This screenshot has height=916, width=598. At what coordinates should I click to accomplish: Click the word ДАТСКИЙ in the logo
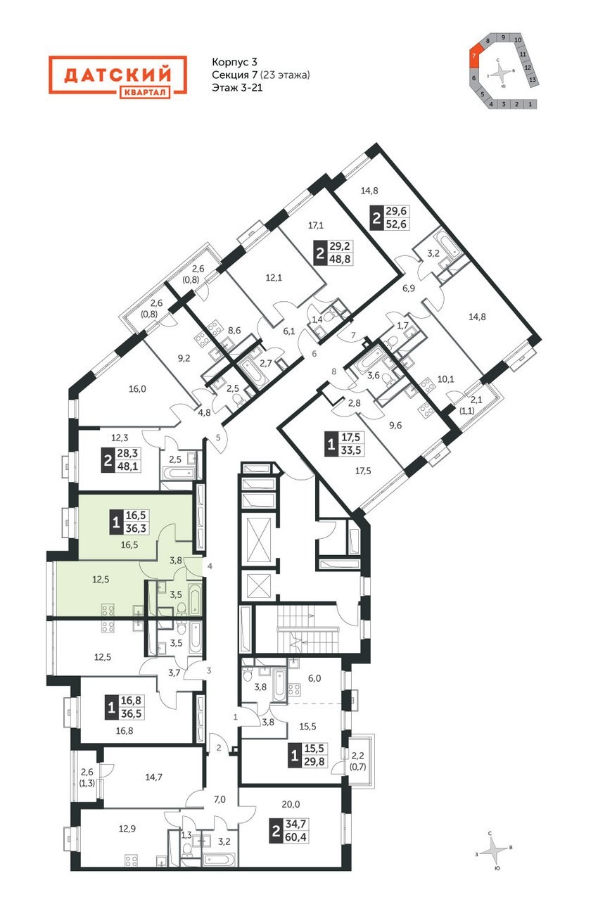coord(117,75)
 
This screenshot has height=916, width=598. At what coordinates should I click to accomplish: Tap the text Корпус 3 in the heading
coord(234,62)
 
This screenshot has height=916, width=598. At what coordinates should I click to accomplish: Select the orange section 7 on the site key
coord(474,55)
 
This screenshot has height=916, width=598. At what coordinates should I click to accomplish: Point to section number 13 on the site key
coord(532,79)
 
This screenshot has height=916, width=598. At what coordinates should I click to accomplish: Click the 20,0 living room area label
coord(291,804)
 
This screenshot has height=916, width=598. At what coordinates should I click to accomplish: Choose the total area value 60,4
coord(297,837)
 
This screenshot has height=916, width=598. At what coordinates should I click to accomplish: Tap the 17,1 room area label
coord(315,224)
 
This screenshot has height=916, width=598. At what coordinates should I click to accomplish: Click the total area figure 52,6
coord(396,224)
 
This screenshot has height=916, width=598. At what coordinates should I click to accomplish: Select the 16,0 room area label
coord(137,389)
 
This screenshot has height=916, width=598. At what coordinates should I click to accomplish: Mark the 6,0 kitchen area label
coord(314,678)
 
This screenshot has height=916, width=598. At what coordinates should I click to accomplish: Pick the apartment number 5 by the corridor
coord(218,438)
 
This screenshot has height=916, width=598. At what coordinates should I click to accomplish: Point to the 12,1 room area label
coord(274,278)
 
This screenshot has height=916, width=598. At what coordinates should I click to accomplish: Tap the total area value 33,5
coord(351,450)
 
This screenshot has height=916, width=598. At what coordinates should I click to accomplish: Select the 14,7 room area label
coord(153,777)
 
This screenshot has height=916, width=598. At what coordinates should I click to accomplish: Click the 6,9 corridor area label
coord(408,288)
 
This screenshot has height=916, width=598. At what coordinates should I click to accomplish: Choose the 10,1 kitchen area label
coord(445,379)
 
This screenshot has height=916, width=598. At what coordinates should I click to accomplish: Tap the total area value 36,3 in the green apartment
coord(136,528)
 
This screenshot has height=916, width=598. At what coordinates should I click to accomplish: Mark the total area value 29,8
coord(314,761)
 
